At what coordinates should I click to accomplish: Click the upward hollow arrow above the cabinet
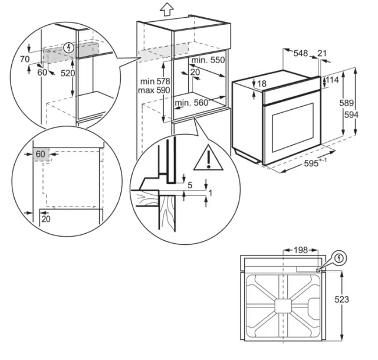[x=166, y=9]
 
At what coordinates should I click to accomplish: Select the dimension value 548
[x=301, y=53]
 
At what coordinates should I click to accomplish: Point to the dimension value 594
[x=351, y=115]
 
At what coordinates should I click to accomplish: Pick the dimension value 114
[x=332, y=80]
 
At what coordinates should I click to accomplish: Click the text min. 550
[x=208, y=60]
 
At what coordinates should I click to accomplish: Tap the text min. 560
[x=191, y=103]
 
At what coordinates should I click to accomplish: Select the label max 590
[x=154, y=90]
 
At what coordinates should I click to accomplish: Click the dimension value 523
[x=342, y=299]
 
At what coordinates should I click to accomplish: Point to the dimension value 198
[x=301, y=250]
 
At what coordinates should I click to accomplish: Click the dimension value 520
[x=68, y=73]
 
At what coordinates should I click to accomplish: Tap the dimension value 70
[x=25, y=59]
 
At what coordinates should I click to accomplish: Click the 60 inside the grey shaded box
[x=40, y=154]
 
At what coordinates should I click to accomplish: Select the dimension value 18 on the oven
[x=262, y=83]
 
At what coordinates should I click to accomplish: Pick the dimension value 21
[x=322, y=53]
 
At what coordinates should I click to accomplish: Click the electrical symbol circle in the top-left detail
[x=69, y=48]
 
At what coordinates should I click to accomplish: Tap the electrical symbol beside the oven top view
[x=340, y=258]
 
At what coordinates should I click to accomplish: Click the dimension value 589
[x=346, y=103]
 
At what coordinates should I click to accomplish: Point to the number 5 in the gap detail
[x=190, y=185]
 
